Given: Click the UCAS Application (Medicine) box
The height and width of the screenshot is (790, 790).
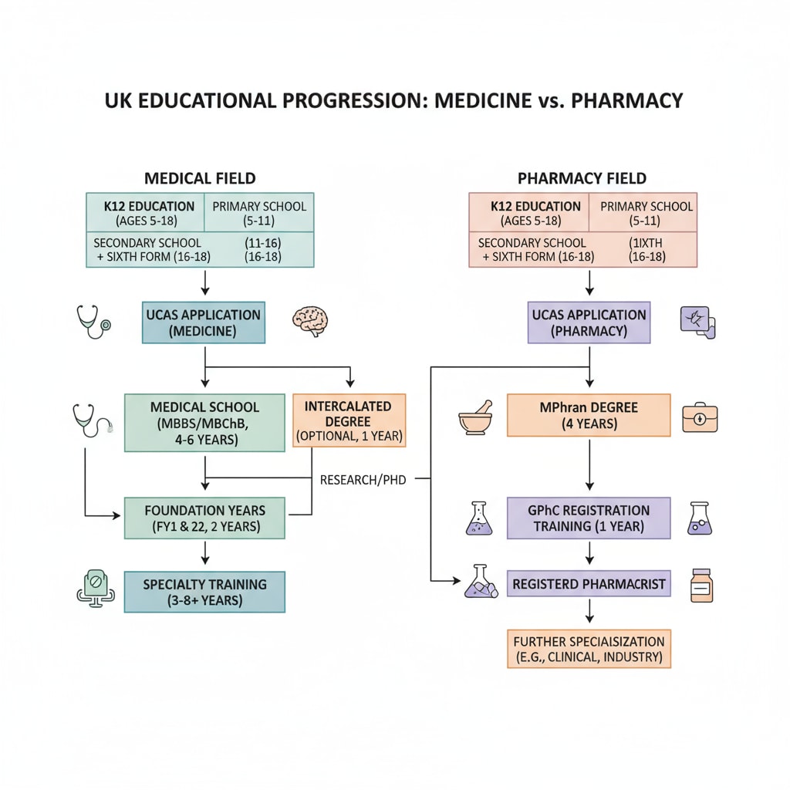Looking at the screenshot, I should (204, 322).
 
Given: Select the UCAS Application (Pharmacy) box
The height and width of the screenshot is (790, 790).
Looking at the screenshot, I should (589, 322).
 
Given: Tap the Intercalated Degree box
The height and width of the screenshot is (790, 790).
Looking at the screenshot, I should (349, 420).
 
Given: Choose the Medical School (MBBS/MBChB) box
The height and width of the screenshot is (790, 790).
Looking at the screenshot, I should (204, 423).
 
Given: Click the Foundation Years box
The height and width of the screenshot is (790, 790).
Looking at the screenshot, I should (204, 518).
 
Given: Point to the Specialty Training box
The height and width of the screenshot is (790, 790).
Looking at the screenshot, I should (204, 592).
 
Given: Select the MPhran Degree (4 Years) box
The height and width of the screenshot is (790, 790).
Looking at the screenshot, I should (589, 415).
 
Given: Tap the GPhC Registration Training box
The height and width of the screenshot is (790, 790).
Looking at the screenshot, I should (589, 518).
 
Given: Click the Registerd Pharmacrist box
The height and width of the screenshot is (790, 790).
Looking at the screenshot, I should (589, 585).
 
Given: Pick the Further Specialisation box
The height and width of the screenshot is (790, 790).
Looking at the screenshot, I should (589, 649).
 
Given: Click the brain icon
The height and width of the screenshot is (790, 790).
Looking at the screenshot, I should (310, 321).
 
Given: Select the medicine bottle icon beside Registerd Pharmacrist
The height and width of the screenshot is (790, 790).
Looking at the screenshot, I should (701, 586).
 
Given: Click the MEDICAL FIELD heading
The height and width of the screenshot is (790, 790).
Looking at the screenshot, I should (200, 179).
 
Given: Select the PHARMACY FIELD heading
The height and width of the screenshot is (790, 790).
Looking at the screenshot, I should (582, 179).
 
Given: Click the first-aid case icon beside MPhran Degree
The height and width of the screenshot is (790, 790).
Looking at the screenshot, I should (701, 417).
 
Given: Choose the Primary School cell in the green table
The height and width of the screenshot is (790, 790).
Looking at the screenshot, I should (259, 212).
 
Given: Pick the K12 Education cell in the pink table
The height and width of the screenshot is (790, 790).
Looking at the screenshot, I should (528, 212).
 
